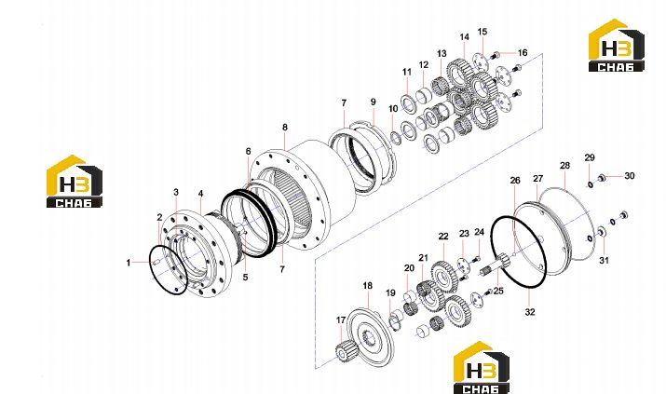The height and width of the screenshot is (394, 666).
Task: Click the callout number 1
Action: click(129, 263)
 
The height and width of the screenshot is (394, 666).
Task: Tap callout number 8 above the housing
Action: click(285, 127)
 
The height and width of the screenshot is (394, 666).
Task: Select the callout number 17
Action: click(341, 320)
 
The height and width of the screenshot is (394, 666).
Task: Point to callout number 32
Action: click(530, 312)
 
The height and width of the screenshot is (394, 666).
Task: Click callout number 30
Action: click(629, 176)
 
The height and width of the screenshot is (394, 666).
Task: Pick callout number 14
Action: click(464, 37)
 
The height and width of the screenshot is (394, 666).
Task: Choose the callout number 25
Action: click(498, 291)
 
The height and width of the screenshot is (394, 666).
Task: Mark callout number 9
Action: click(373, 102)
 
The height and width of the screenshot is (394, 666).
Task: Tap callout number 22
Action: click(443, 237)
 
